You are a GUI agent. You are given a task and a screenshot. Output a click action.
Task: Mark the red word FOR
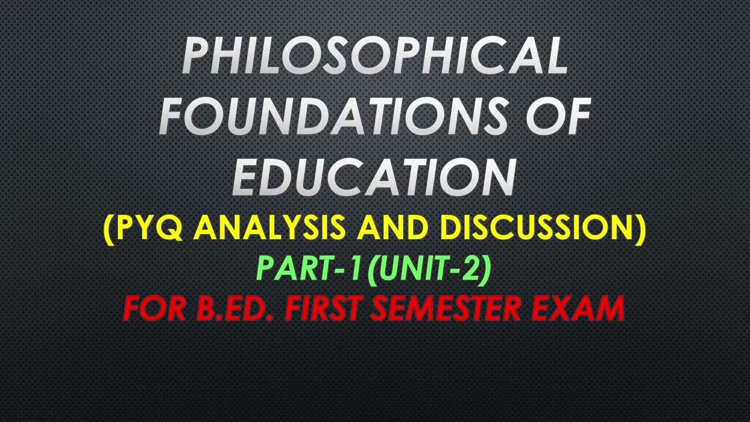point(153,308)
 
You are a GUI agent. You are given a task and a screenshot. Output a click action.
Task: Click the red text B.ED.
point(234,308)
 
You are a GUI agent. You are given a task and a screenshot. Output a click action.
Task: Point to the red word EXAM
point(577,308)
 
